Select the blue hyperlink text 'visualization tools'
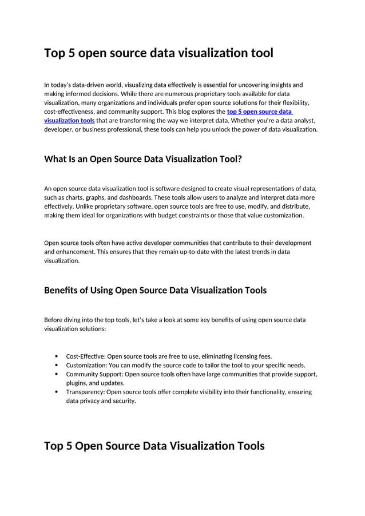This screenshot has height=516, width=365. (69, 121)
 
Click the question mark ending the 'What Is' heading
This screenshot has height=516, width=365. (239, 159)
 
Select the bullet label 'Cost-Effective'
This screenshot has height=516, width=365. (85, 356)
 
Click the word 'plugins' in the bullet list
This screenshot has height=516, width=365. (76, 383)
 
